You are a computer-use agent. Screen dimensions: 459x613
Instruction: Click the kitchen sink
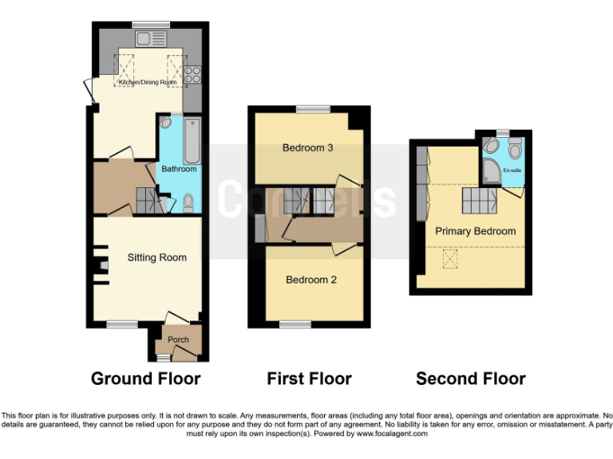tap(145, 37)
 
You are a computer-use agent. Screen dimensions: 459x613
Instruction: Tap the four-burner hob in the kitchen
tap(192, 75)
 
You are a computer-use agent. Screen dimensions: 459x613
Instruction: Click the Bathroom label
tap(179, 169)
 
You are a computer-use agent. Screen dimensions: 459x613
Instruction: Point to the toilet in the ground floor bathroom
tap(188, 204)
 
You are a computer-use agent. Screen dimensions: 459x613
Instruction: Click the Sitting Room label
tap(157, 257)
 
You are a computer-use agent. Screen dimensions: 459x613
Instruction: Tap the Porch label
tap(178, 340)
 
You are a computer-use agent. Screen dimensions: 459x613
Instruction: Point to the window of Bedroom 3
tap(313, 109)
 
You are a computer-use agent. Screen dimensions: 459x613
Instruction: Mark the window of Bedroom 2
tap(295, 324)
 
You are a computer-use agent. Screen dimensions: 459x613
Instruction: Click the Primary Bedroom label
tap(475, 231)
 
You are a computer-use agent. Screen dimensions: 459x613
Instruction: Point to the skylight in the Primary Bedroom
tap(450, 258)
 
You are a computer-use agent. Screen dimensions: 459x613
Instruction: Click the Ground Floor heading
tap(145, 379)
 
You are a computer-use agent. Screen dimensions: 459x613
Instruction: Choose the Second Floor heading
tap(470, 379)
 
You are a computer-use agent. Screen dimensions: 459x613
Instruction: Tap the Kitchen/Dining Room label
tap(148, 83)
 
